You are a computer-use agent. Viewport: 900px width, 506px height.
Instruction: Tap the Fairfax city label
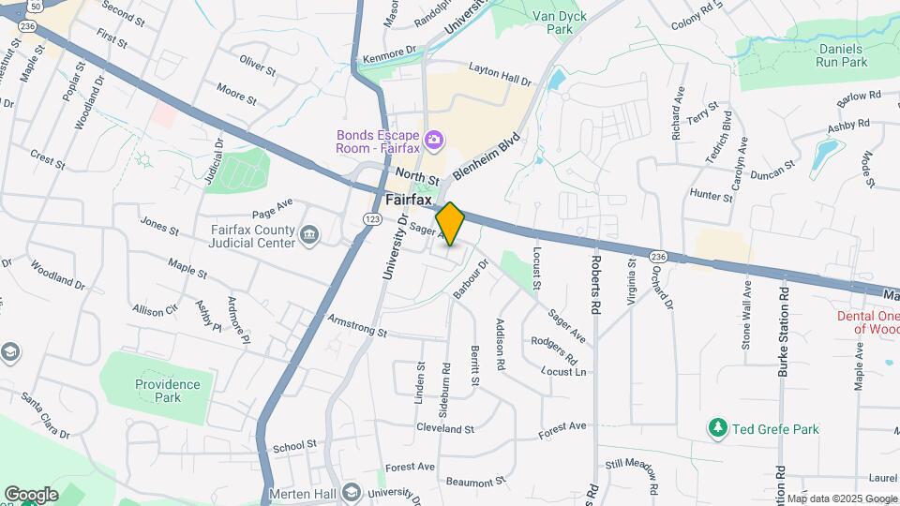[x=409, y=200]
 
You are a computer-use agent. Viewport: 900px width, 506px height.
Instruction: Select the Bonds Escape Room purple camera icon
[x=433, y=141]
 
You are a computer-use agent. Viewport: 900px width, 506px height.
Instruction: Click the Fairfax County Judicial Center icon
[x=310, y=233]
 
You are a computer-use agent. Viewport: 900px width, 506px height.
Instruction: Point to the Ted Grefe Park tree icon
[x=718, y=428]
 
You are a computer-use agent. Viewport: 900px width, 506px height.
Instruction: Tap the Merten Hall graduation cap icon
[x=351, y=493]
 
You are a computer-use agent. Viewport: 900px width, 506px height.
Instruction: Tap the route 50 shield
[x=35, y=5]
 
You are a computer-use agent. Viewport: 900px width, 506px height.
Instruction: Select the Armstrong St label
[x=357, y=327]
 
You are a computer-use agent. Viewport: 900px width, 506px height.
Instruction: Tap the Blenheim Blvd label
[x=487, y=156]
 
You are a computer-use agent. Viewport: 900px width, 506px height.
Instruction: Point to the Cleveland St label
[x=445, y=429]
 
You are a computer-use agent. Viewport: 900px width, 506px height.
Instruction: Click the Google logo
[x=31, y=494]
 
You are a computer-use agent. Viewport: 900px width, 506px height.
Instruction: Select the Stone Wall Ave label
[x=746, y=315]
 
